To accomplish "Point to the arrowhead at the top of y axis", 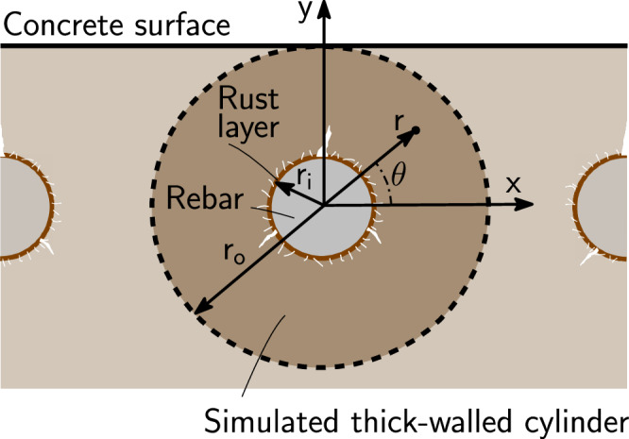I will coord(324,8).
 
